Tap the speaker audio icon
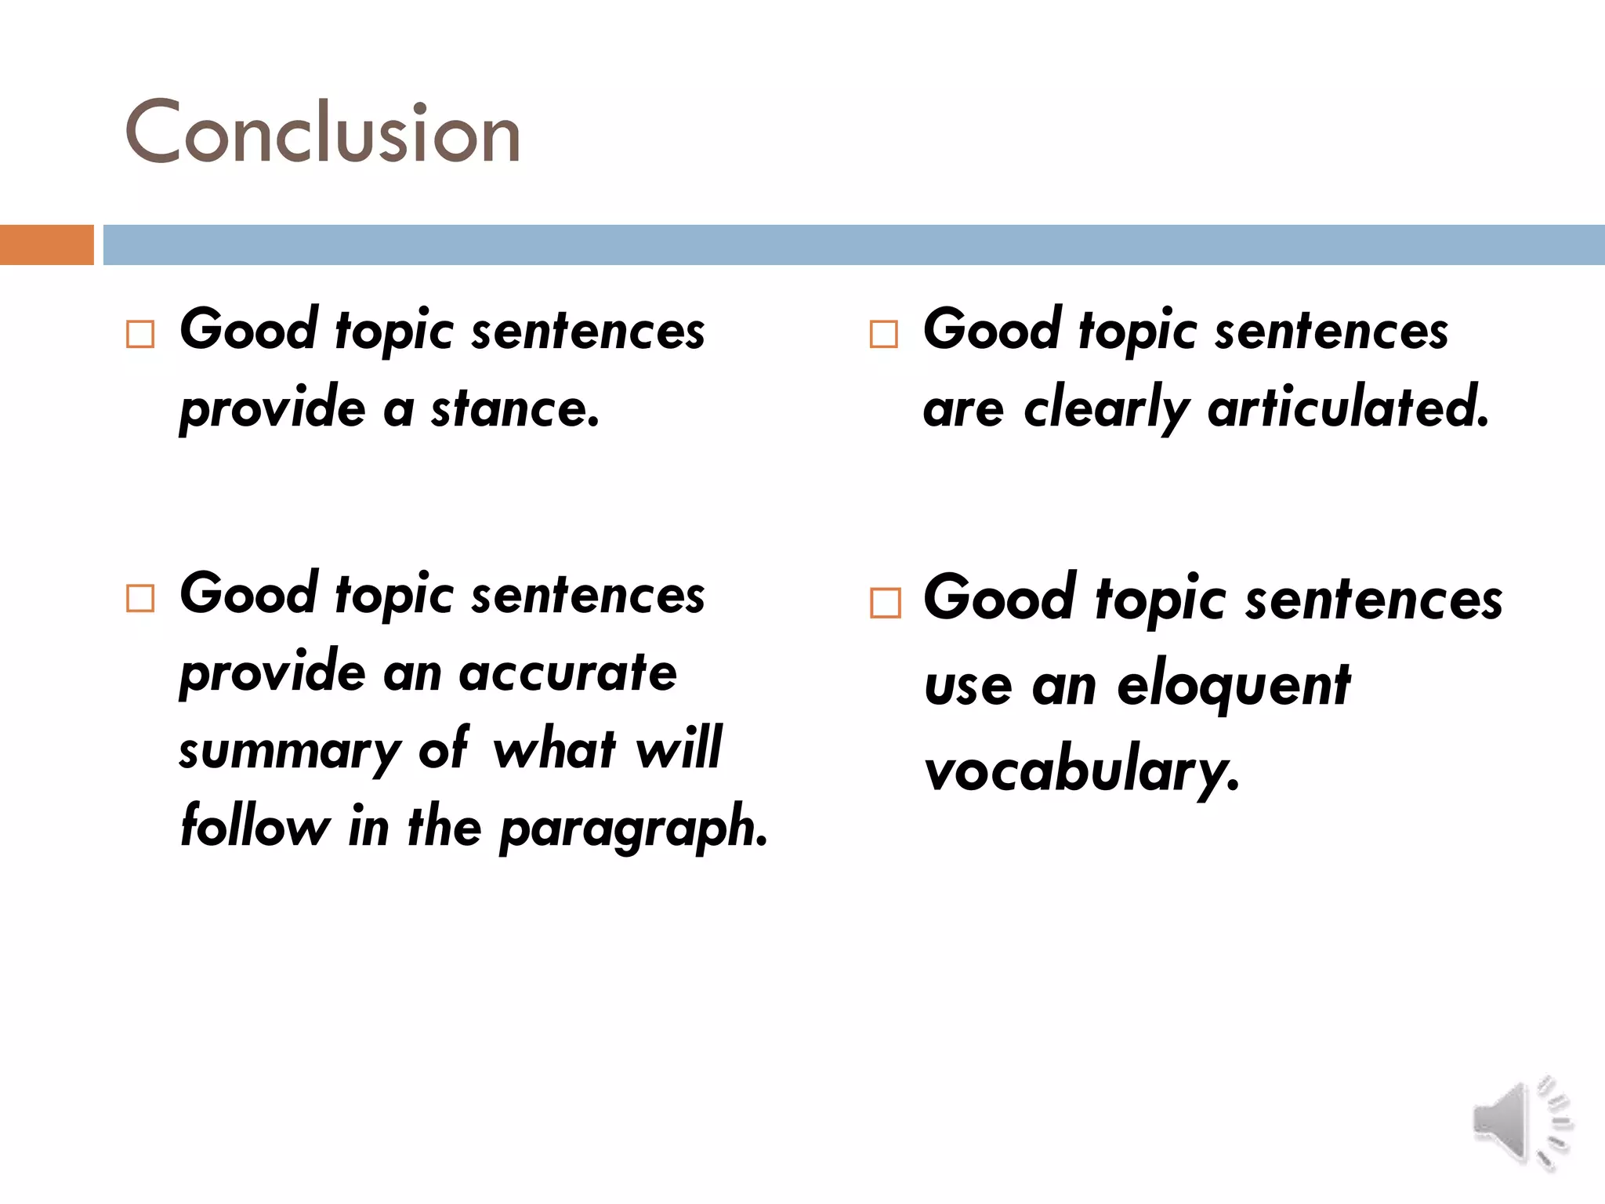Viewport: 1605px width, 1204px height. pyautogui.click(x=1521, y=1123)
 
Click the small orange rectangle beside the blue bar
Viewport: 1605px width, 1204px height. pyautogui.click(x=46, y=245)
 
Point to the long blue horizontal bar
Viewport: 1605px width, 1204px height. pyautogui.click(x=853, y=245)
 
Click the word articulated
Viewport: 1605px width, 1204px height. pyautogui.click(x=1348, y=408)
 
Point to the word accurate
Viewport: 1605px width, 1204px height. pyautogui.click(x=567, y=673)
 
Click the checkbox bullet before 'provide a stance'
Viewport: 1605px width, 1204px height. pyautogui.click(x=140, y=334)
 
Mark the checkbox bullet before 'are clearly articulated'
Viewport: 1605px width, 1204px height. pyautogui.click(x=884, y=334)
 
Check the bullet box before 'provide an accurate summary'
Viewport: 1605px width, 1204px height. pyautogui.click(x=140, y=599)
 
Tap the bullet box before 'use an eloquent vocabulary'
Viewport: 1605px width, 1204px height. pyautogui.click(x=886, y=604)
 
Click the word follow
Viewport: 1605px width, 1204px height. pyautogui.click(x=255, y=826)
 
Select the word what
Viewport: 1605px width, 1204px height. pyautogui.click(x=555, y=749)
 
